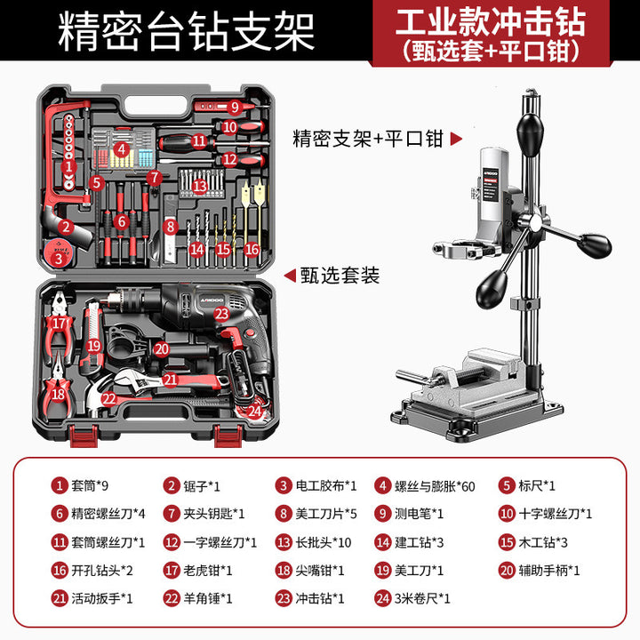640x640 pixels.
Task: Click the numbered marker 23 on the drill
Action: tap(221, 314)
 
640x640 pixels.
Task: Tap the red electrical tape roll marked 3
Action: tap(58, 253)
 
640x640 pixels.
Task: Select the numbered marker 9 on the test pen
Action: tap(235, 107)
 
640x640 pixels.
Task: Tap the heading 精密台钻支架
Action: tap(186, 31)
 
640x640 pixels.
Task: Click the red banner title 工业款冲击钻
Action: tap(491, 22)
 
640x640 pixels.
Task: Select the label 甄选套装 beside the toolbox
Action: tap(340, 276)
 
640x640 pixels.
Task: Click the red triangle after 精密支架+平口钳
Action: tap(456, 139)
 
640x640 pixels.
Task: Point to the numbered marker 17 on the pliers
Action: tap(59, 324)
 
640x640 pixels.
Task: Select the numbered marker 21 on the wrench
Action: tap(170, 380)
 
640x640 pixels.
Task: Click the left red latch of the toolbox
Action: tap(84, 436)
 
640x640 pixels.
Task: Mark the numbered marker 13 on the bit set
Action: tap(200, 186)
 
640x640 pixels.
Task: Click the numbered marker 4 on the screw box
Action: tap(121, 149)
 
